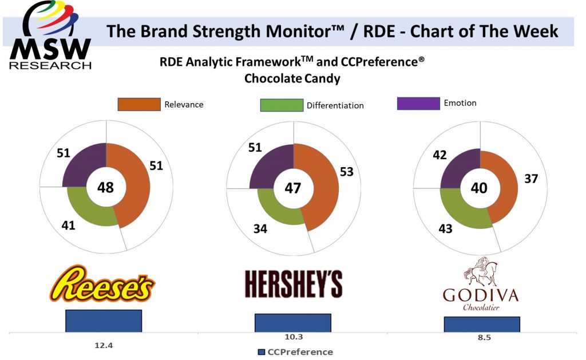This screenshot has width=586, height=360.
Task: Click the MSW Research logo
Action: click(x=50, y=35)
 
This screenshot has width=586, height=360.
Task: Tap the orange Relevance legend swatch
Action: click(x=139, y=104)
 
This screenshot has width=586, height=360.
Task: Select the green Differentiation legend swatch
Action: click(x=282, y=105)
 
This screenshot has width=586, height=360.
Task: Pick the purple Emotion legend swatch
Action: click(x=418, y=103)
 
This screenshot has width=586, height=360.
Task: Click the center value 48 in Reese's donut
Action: click(x=105, y=187)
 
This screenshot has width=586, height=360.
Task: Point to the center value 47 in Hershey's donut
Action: click(x=292, y=188)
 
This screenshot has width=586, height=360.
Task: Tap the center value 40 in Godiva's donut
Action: click(x=479, y=188)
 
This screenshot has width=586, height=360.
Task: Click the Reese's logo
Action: click(x=102, y=284)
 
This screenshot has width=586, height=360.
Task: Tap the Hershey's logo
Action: click(x=294, y=284)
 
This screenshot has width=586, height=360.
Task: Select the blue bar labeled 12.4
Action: click(x=104, y=321)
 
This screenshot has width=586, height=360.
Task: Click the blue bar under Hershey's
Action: click(x=292, y=323)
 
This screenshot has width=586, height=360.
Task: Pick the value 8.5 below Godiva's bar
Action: click(x=484, y=338)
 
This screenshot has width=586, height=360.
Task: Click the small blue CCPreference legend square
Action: click(x=262, y=352)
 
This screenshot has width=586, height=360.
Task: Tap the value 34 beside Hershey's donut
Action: click(x=260, y=228)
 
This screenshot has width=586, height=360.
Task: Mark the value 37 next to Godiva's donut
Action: click(x=531, y=179)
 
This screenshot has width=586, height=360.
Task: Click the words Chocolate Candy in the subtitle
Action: click(x=292, y=78)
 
